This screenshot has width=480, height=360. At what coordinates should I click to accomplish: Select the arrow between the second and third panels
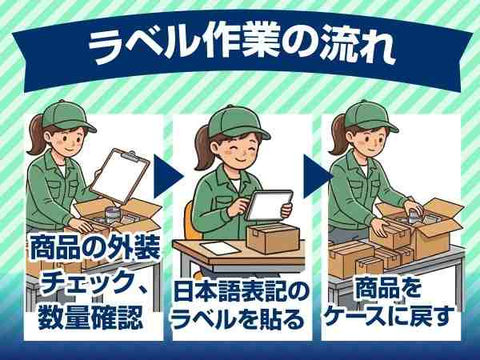tap(316, 170)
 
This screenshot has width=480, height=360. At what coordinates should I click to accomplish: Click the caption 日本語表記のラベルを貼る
tap(239, 308)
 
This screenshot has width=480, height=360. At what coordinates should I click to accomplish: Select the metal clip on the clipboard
tap(138, 158)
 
